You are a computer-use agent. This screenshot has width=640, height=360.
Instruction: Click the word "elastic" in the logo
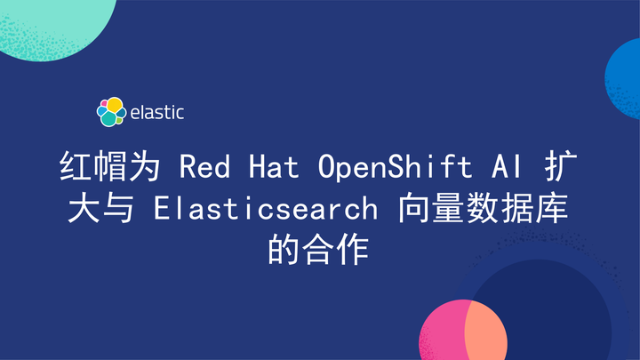[157, 113]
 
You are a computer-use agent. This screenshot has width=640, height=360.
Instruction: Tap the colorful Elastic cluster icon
[110, 112]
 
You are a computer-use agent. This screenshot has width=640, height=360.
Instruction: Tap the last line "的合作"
[319, 251]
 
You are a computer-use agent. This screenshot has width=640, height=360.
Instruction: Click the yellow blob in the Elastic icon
[114, 105]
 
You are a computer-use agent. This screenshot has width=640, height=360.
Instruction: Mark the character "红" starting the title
[76, 167]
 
